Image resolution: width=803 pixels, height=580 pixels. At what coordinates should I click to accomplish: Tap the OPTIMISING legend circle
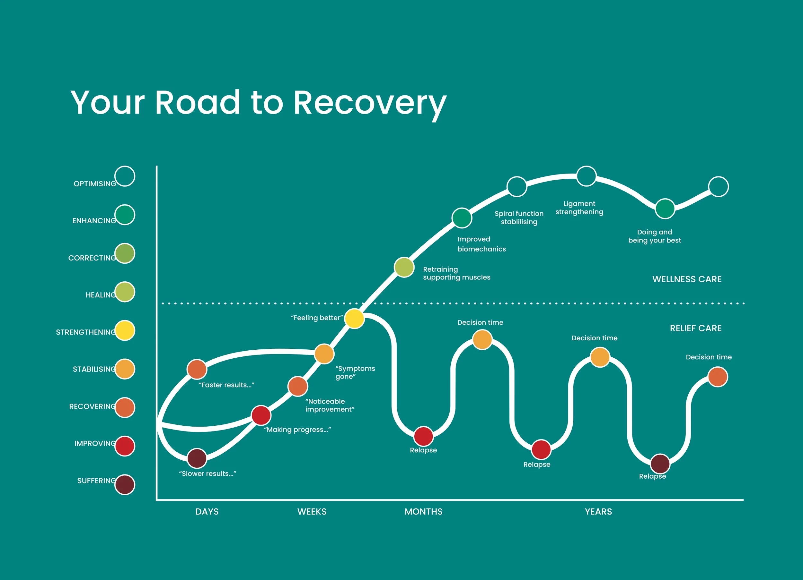(125, 176)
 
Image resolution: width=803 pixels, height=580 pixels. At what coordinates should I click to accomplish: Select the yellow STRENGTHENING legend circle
(125, 330)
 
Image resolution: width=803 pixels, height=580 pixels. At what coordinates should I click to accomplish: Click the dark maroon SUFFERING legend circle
(125, 484)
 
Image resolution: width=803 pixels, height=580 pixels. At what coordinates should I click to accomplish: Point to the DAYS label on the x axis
(207, 511)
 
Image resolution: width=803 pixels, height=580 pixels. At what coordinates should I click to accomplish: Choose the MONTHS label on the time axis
(423, 511)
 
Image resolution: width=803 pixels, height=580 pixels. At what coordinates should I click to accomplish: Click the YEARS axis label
(598, 511)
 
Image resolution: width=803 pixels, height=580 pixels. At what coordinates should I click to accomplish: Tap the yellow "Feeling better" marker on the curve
(354, 318)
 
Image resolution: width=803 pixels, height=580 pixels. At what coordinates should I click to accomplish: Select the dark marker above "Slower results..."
(197, 458)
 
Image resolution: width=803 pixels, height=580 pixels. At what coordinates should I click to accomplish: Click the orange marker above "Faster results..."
(197, 369)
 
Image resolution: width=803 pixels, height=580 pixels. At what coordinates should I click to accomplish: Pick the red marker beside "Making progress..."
(261, 415)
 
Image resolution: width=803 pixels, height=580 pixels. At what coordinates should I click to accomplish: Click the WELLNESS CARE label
(687, 279)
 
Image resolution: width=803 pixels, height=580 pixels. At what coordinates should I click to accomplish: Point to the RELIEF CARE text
(696, 328)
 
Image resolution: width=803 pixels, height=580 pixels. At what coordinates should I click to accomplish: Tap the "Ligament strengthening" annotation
(579, 208)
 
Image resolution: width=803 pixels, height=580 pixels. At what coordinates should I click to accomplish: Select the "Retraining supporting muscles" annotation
(456, 273)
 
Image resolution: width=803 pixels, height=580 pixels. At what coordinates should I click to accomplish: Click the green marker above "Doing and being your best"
(665, 209)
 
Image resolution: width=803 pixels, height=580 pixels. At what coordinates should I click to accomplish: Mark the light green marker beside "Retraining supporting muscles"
(404, 267)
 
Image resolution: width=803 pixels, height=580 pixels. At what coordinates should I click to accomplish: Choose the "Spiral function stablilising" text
(519, 217)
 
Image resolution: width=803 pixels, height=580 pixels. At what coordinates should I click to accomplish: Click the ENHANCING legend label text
(94, 221)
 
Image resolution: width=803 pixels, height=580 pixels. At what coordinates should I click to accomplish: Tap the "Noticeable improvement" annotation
(330, 405)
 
